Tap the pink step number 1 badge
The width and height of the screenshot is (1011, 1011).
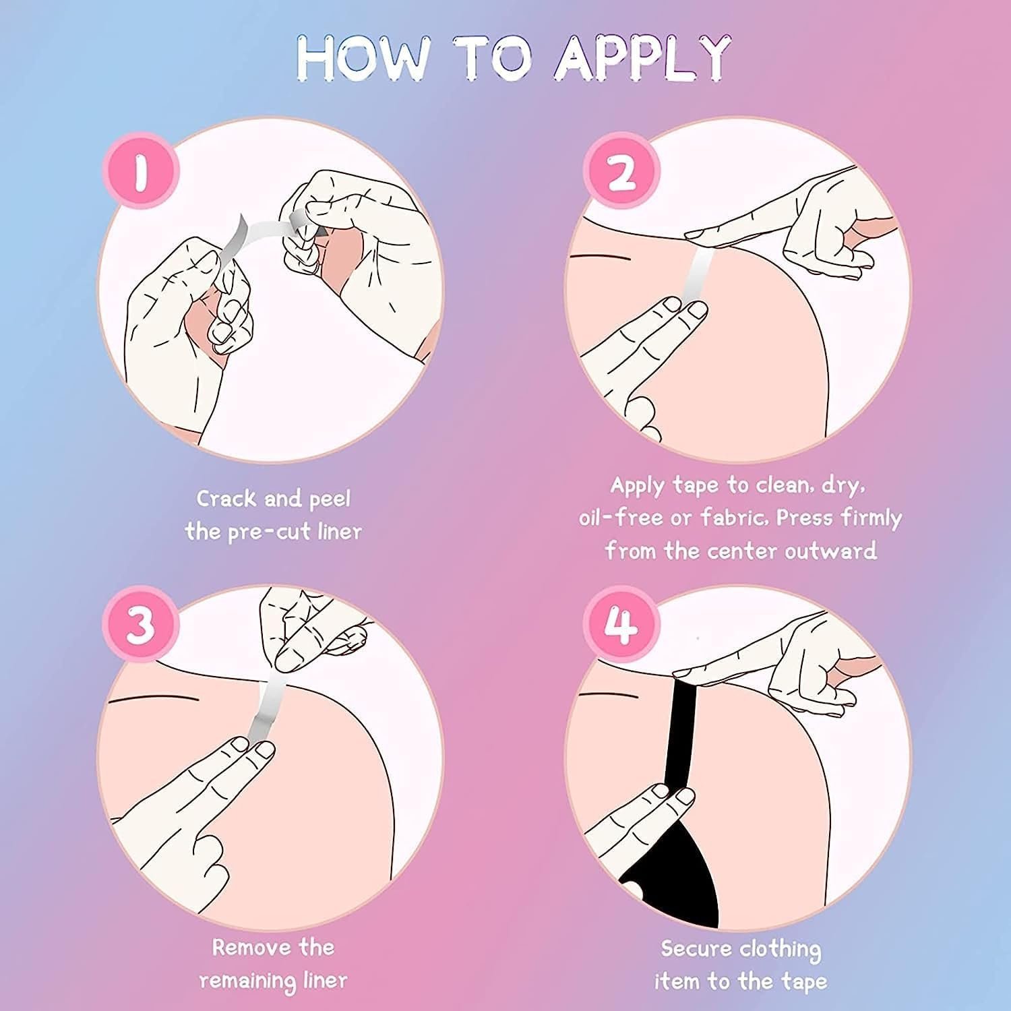[x=142, y=171]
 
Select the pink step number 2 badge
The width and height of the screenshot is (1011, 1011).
[x=621, y=171]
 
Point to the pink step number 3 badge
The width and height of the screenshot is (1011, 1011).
[x=142, y=623]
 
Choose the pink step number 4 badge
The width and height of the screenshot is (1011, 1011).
[x=621, y=623]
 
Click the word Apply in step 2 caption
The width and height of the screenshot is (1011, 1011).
[x=638, y=485]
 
